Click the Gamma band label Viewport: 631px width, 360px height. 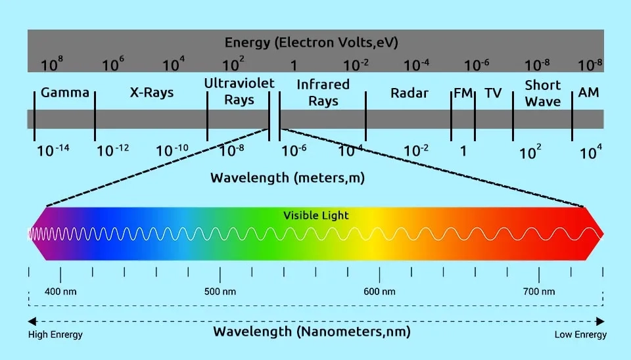[x=64, y=93]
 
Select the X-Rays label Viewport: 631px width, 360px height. [x=152, y=93]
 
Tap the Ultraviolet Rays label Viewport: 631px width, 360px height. [x=239, y=92]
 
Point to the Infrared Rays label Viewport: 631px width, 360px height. [x=323, y=93]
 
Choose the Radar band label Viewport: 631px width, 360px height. [x=409, y=93]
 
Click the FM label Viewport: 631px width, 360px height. [x=463, y=93]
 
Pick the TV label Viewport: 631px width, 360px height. [x=493, y=93]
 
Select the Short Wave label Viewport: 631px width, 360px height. [x=542, y=93]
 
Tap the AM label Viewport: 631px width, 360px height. [x=588, y=93]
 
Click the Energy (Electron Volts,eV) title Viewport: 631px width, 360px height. [x=312, y=43]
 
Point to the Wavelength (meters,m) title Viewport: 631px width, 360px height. [x=287, y=178]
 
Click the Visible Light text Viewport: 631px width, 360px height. [x=316, y=215]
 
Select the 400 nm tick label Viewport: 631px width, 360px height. [x=60, y=292]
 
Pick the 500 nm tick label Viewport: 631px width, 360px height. [x=220, y=292]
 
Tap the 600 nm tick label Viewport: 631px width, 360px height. [x=379, y=292]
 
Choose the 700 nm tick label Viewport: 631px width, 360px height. [x=539, y=292]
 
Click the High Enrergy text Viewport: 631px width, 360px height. [x=55, y=335]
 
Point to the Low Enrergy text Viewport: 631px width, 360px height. [x=580, y=335]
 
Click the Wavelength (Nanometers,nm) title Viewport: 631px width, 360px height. [x=312, y=332]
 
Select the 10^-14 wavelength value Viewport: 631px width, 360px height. [x=53, y=150]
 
